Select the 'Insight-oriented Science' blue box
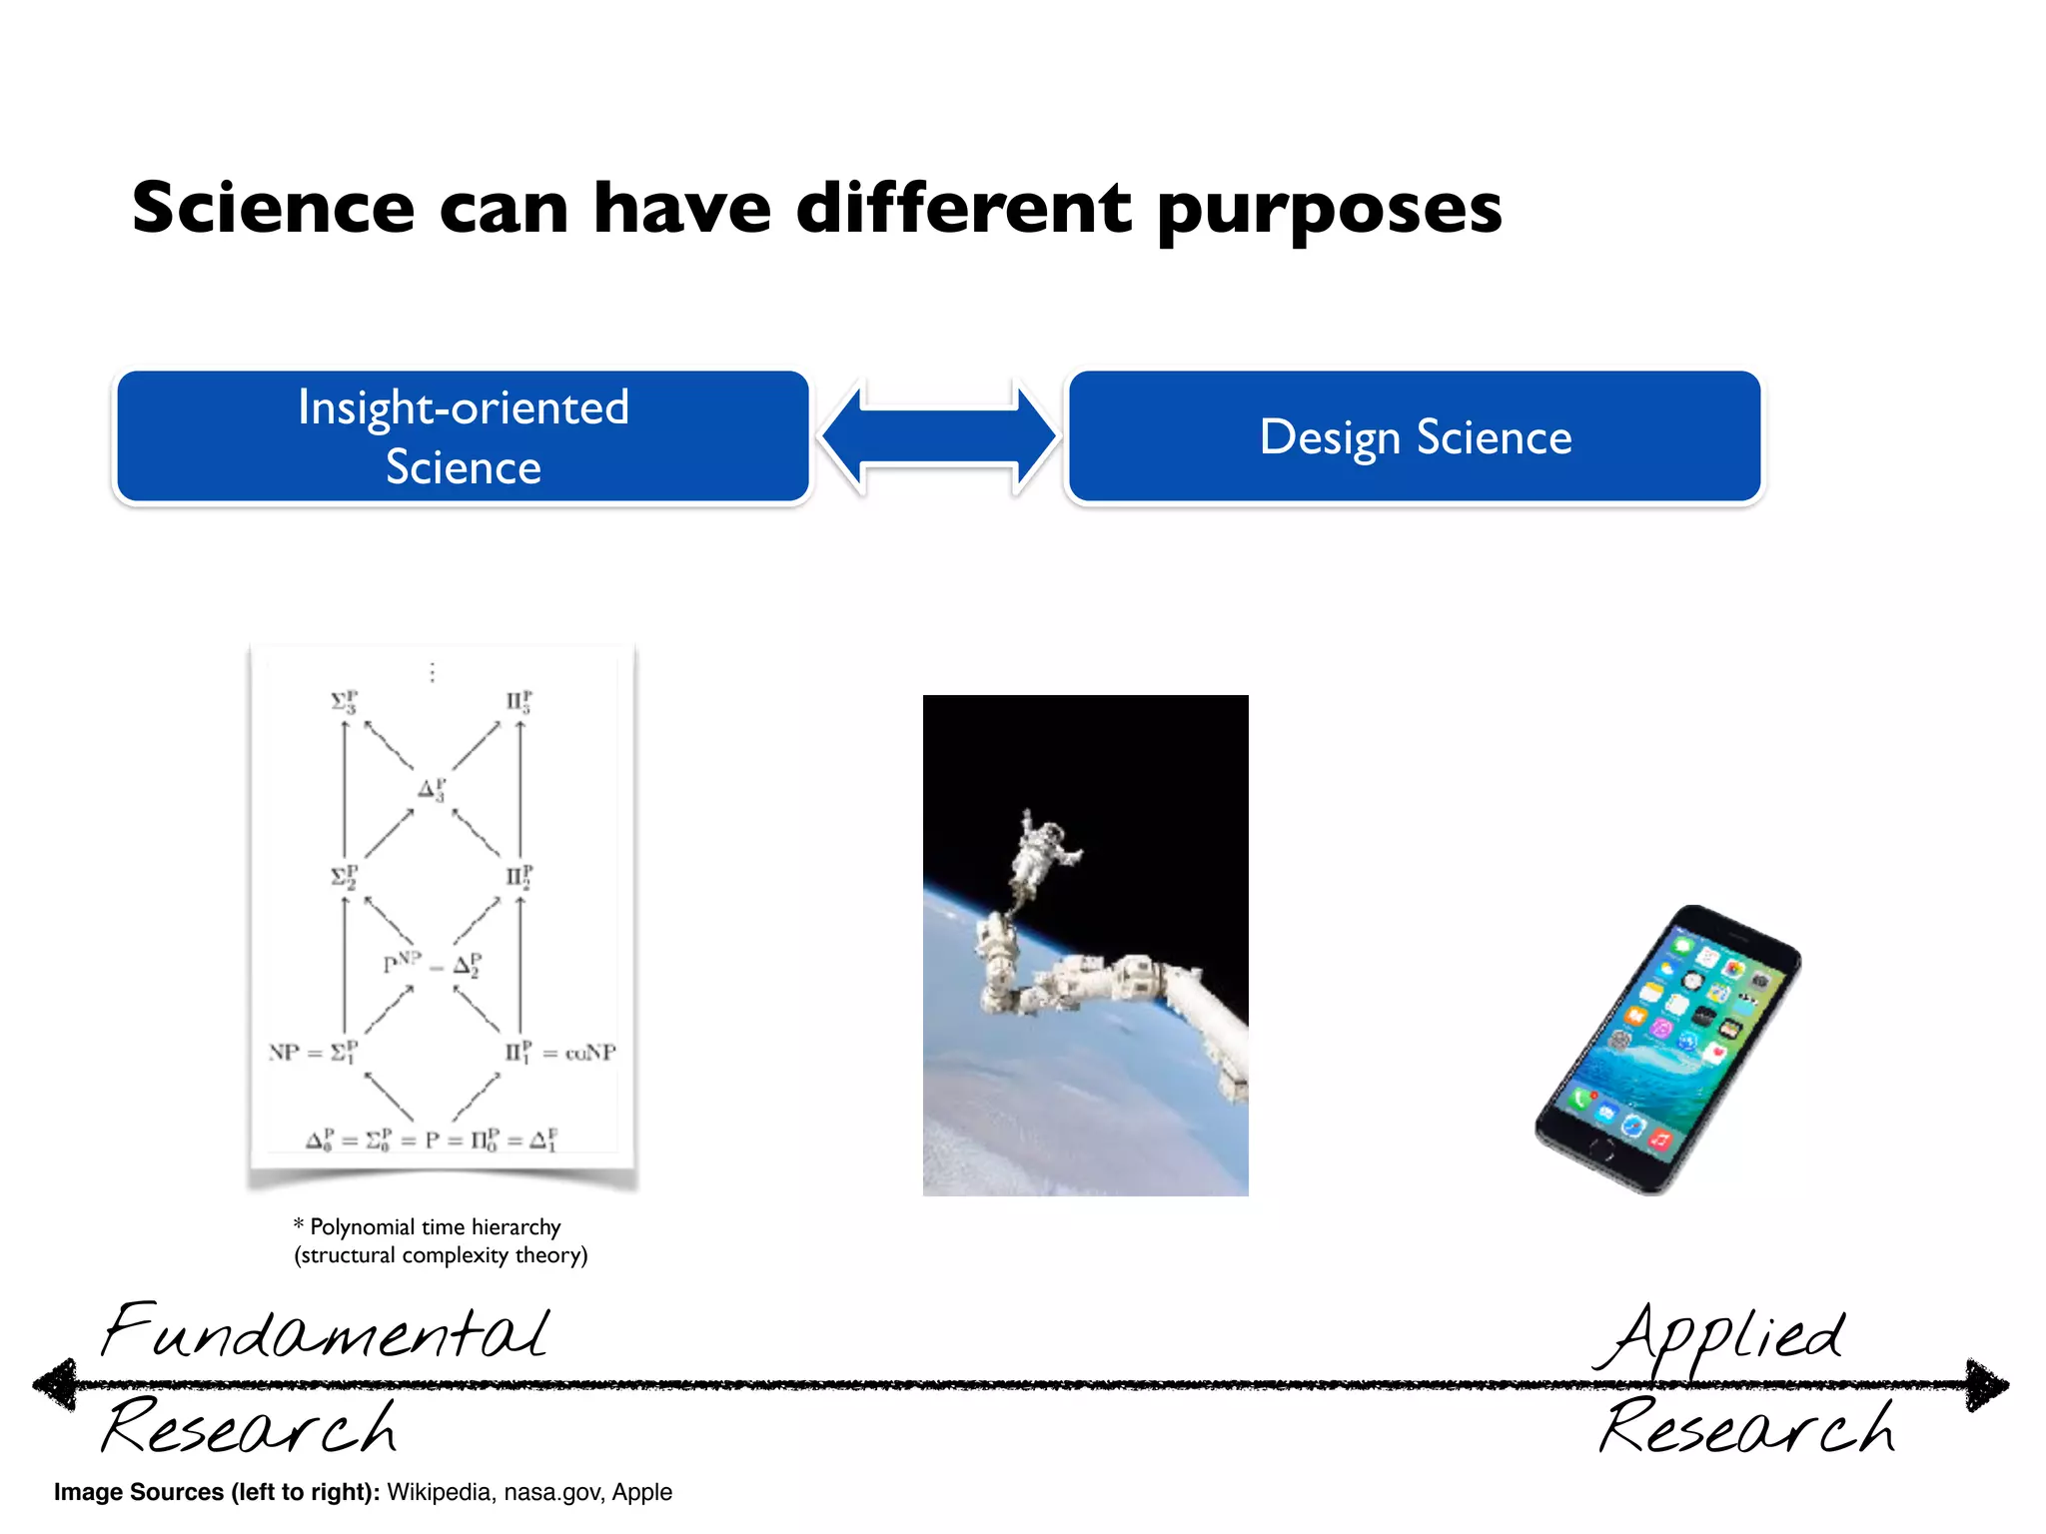coord(463,436)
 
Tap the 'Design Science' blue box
coord(1415,436)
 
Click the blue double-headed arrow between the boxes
coord(939,436)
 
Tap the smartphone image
coord(1668,1049)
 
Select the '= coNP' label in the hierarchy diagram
coord(580,1053)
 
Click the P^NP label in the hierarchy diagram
coord(402,963)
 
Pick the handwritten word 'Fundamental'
coord(326,1332)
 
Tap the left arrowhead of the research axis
coord(55,1384)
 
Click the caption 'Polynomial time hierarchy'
coord(435,1226)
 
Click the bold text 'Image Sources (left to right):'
coord(217,1492)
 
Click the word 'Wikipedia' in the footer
coord(440,1492)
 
